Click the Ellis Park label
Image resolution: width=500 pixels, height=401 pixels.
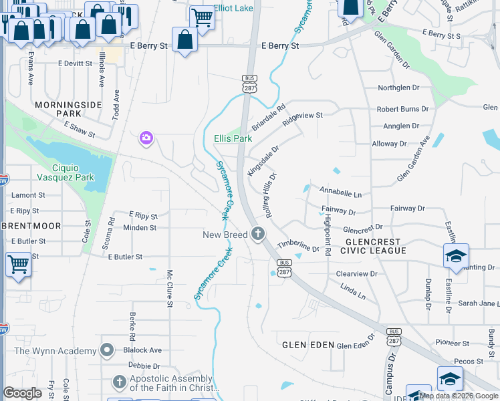pos(233,138)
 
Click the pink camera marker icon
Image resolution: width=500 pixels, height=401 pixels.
pos(146,138)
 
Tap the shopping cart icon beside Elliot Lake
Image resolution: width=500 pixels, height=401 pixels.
pos(201,17)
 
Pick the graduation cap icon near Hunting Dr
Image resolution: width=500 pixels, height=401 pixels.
pos(456,256)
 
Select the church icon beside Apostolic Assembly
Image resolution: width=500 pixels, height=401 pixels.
pos(119,382)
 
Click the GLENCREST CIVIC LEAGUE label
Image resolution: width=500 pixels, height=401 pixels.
pos(373,246)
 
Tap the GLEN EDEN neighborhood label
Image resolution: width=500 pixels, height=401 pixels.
pos(307,345)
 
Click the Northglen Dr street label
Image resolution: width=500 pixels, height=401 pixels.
pos(398,88)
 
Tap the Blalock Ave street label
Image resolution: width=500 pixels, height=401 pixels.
pos(142,350)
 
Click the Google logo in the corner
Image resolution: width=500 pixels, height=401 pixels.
pos(23,392)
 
